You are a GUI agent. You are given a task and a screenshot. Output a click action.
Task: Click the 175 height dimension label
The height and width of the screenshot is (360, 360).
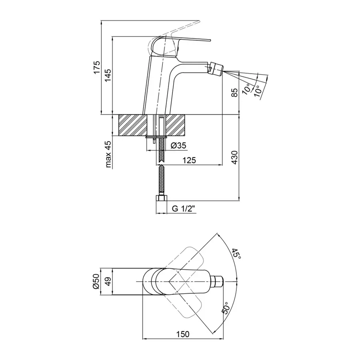point(97,67)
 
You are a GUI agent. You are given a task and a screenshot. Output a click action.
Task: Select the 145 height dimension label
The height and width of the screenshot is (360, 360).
point(108,75)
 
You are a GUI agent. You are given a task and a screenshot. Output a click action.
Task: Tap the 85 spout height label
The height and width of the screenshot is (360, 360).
point(234,92)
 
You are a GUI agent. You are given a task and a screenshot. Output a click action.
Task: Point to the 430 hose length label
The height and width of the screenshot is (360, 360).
point(234,157)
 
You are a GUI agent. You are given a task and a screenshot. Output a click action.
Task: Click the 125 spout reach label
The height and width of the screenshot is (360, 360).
point(189,160)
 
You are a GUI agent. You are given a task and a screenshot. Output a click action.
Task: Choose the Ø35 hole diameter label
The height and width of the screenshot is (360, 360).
point(179,145)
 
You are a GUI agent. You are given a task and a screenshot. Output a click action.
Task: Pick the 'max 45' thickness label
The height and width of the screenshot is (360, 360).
point(108,154)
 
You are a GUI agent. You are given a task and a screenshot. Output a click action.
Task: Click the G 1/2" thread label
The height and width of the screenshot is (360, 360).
point(184,209)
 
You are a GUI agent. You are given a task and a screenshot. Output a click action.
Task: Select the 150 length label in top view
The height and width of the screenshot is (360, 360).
point(183,334)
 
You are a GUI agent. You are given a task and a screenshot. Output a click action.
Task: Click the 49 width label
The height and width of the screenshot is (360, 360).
point(108,281)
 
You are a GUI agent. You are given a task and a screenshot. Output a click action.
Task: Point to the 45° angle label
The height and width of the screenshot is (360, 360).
point(237,254)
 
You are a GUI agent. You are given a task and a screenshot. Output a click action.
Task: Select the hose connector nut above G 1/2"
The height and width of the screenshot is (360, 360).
point(162,198)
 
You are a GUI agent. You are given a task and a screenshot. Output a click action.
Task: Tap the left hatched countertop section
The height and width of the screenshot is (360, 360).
point(132,125)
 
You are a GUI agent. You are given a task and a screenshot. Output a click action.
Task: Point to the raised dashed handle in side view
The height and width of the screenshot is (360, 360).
point(174,34)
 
